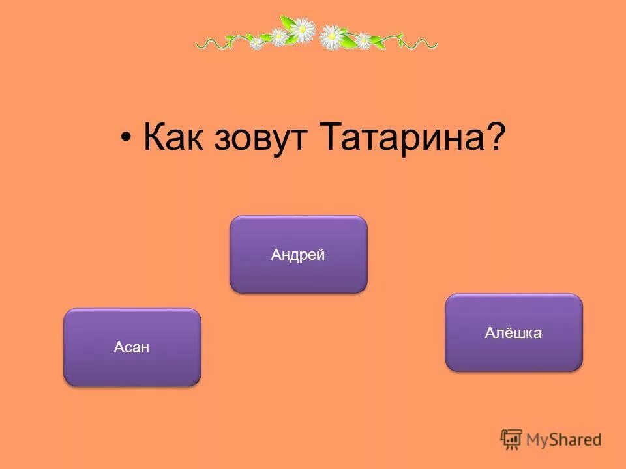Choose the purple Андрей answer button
(x=299, y=255)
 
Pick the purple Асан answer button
(x=132, y=347)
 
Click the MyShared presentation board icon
(x=511, y=439)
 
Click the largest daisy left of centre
(x=302, y=29)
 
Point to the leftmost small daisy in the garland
(x=257, y=43)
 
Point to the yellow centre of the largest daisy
(x=302, y=29)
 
